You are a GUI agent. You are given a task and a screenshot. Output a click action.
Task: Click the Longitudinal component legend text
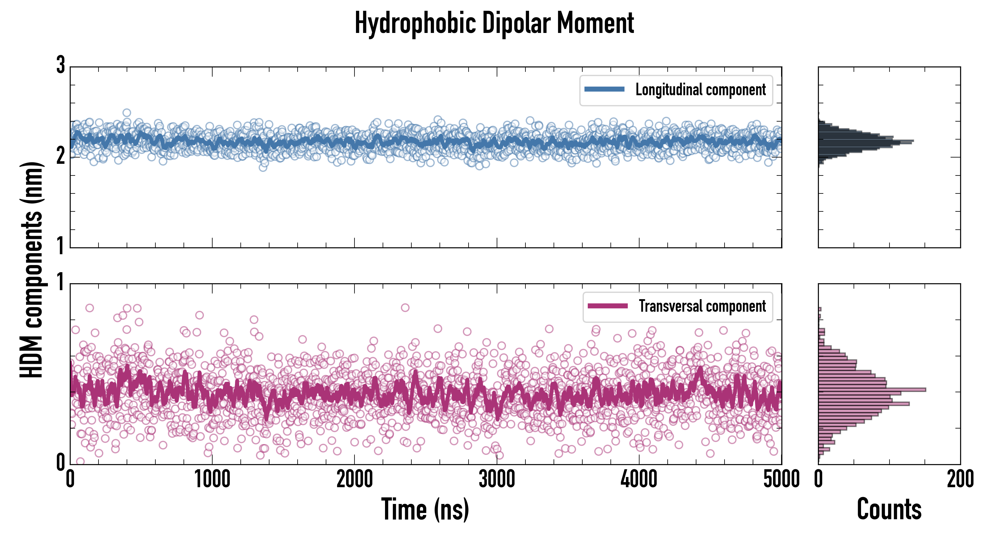coord(700,90)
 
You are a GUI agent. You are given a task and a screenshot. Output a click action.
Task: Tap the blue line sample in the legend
coord(604,90)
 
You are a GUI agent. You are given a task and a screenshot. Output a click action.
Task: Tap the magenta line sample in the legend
coord(607,306)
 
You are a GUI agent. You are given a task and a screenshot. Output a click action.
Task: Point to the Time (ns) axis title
coord(425,509)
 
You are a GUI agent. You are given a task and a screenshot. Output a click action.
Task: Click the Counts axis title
coord(889,509)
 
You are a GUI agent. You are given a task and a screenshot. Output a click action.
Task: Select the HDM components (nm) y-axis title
coord(31,270)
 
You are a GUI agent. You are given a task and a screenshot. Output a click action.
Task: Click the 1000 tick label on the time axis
coord(212,479)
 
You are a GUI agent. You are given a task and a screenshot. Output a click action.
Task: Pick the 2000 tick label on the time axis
coord(354,479)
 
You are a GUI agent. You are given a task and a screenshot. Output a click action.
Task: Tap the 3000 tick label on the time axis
coord(497,479)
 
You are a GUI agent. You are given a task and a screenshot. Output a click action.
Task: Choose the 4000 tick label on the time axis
coord(639,479)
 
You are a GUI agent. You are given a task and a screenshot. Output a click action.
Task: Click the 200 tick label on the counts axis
coord(960,479)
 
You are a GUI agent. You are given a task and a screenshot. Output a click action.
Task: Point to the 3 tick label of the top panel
coord(60,65)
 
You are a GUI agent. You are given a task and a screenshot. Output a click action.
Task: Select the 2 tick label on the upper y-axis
coord(60,156)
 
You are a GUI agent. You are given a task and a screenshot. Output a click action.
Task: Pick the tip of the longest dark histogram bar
coord(913,141)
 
